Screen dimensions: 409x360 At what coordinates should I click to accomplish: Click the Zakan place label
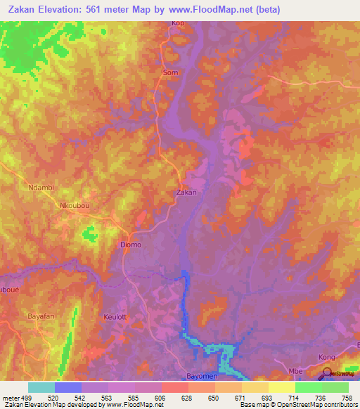[x=186, y=192]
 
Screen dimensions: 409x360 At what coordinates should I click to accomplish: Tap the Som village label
[x=170, y=72]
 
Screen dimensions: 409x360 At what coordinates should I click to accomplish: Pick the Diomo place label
[x=127, y=245]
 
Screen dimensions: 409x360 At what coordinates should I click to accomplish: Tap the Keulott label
[x=115, y=317]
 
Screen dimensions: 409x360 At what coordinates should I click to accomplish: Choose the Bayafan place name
[x=41, y=317]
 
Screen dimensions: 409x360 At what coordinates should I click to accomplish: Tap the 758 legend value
[x=346, y=397]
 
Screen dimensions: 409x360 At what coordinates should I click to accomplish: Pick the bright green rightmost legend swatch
[x=335, y=387]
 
